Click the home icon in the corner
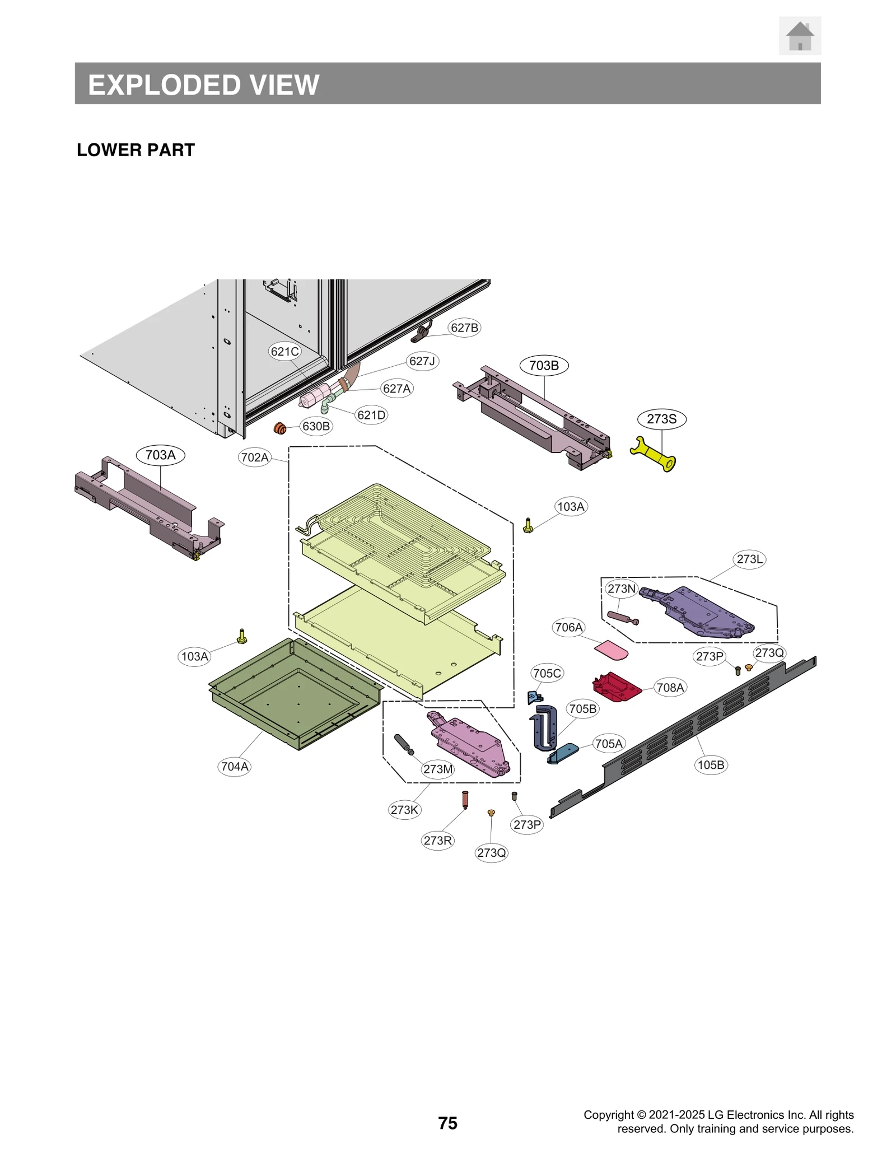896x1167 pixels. [799, 36]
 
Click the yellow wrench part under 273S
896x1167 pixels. [653, 455]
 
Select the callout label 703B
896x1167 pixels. [543, 366]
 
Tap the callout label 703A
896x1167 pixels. [160, 455]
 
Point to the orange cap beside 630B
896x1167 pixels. [280, 429]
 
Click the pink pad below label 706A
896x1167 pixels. [610, 651]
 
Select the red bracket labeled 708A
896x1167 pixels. [617, 687]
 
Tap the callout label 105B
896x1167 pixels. [710, 765]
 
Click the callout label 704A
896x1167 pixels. [234, 767]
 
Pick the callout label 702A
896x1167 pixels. [255, 458]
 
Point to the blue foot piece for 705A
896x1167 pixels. [563, 753]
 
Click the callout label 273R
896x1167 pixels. [437, 841]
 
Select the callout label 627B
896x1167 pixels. [464, 328]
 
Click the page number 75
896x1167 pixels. [447, 1123]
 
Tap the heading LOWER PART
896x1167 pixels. [136, 150]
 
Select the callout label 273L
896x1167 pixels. [749, 559]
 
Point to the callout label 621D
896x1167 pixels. [371, 415]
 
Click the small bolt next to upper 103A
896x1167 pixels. [528, 525]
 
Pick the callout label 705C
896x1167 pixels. [547, 673]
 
